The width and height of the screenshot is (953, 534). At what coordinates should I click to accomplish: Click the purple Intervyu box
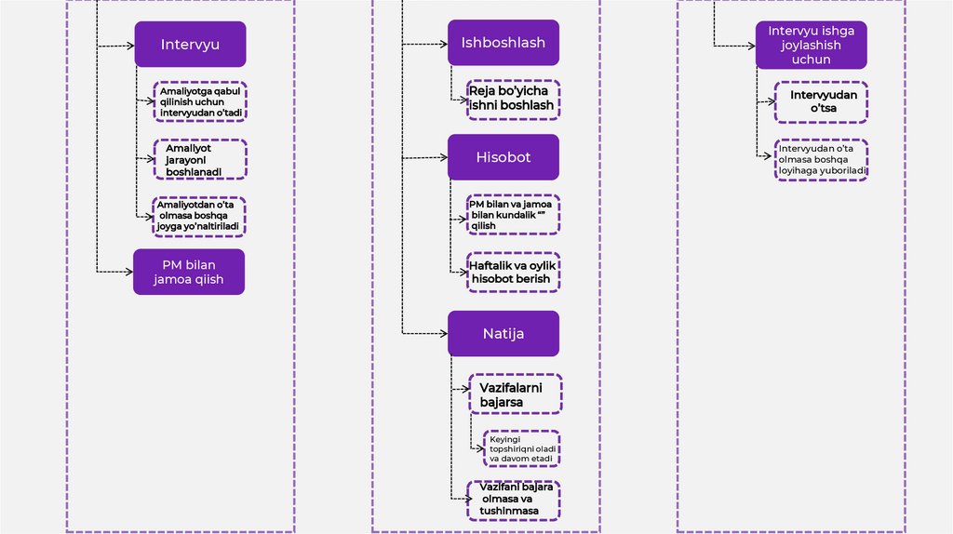click(x=190, y=45)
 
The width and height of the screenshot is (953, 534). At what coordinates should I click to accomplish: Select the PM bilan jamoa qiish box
click(x=189, y=272)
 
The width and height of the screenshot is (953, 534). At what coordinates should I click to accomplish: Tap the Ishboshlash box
click(x=503, y=43)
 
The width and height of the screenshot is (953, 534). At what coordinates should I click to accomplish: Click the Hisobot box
click(x=503, y=157)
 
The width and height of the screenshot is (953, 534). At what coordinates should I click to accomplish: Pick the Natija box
click(x=503, y=333)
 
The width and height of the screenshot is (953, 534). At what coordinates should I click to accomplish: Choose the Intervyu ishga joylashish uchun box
click(x=811, y=46)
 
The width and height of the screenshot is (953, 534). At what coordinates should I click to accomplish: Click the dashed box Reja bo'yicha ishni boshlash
click(x=514, y=99)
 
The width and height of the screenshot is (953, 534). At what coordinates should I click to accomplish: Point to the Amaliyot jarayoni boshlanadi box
click(x=200, y=159)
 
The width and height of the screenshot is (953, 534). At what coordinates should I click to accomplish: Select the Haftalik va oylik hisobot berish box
click(x=514, y=272)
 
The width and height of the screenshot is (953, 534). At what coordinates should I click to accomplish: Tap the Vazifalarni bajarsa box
click(x=515, y=394)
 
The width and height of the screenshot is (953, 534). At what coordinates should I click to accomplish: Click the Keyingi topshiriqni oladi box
click(x=522, y=447)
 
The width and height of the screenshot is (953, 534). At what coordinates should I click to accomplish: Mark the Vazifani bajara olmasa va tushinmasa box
click(x=513, y=501)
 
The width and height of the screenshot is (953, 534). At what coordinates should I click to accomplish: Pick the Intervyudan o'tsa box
click(x=821, y=102)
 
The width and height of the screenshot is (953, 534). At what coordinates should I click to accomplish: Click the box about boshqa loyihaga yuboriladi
click(x=822, y=159)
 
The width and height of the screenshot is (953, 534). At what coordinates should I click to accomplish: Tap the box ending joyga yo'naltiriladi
click(x=200, y=216)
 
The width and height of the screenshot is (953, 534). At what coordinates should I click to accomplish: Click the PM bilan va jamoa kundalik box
click(x=514, y=215)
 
